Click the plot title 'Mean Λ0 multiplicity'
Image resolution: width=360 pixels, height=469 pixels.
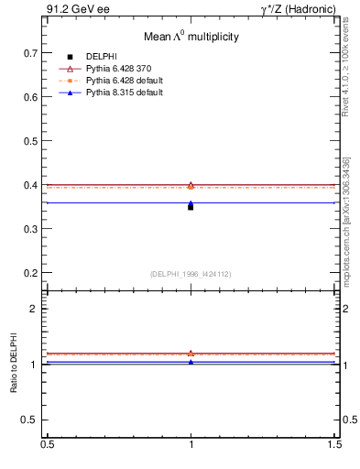click(191, 38)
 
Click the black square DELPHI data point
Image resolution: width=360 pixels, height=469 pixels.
click(191, 207)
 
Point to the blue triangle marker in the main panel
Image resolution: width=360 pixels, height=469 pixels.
click(191, 203)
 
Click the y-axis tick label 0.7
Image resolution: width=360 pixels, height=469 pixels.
click(30, 52)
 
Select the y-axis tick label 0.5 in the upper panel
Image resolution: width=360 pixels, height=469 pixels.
click(30, 140)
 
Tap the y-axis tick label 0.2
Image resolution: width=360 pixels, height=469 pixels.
click(30, 273)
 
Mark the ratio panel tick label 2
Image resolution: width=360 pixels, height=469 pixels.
click(36, 309)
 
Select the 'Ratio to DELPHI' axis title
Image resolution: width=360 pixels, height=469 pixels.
click(14, 365)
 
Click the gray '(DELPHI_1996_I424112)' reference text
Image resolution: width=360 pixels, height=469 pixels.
click(191, 274)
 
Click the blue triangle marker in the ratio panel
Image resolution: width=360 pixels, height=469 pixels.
click(191, 362)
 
